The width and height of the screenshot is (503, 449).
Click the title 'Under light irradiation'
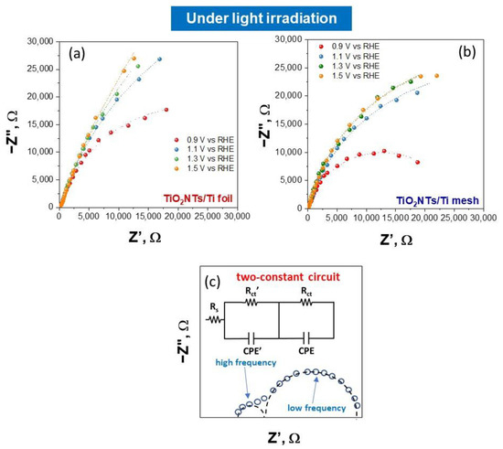250,17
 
